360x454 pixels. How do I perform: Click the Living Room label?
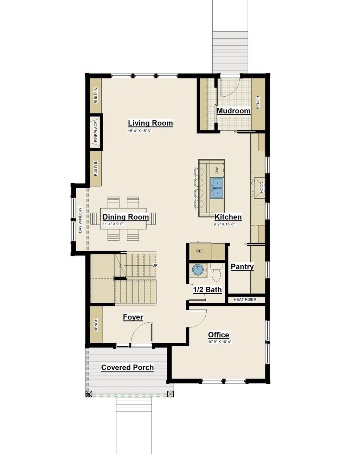click(x=150, y=123)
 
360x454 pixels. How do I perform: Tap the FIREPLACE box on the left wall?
click(x=96, y=132)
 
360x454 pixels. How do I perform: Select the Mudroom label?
click(x=233, y=111)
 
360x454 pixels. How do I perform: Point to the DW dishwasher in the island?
click(x=217, y=170)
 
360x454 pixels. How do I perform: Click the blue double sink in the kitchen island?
click(x=217, y=188)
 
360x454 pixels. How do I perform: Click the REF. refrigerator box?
click(x=200, y=251)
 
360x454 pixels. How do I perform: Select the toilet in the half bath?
click(x=216, y=273)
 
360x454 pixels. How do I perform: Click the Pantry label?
click(x=242, y=267)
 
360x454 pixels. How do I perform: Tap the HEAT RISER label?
click(x=245, y=300)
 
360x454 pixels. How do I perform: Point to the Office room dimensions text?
click(x=220, y=342)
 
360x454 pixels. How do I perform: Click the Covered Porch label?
click(x=127, y=368)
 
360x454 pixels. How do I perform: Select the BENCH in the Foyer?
click(x=96, y=325)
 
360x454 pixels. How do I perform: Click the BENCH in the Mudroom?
click(x=258, y=102)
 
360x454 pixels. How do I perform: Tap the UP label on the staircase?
click(x=155, y=266)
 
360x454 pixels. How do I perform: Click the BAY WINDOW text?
click(x=80, y=220)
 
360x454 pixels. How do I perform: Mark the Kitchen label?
click(x=228, y=217)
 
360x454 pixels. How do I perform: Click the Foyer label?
click(x=133, y=317)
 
